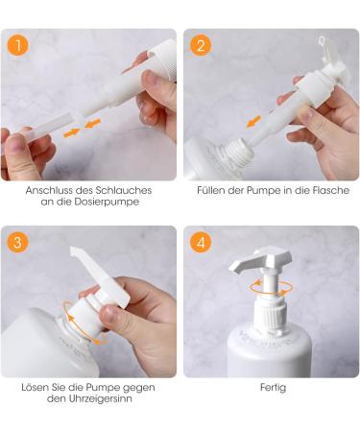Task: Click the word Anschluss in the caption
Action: tap(48, 190)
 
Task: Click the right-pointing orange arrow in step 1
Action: tap(72, 135)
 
